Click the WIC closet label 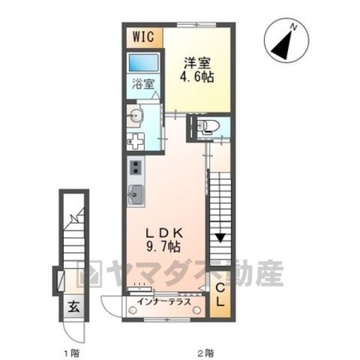click(143, 37)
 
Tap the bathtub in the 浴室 click(144, 62)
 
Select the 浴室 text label click(143, 84)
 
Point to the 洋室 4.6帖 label click(197, 70)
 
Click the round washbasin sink click(135, 115)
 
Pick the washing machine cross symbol click(136, 142)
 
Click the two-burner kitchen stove click(136, 167)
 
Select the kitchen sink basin click(136, 195)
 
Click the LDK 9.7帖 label click(164, 240)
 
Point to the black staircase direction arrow click(220, 238)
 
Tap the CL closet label click(220, 295)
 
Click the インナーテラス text click(164, 301)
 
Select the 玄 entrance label click(74, 306)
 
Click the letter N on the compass click(294, 27)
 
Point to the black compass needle click(282, 45)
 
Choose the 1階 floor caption click(72, 353)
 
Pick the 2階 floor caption click(206, 353)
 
